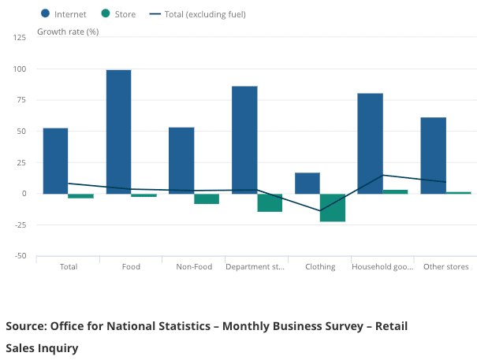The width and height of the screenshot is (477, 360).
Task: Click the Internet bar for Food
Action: (x=118, y=132)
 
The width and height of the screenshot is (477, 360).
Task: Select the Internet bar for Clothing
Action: (x=307, y=183)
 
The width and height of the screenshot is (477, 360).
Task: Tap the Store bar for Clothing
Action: (x=333, y=207)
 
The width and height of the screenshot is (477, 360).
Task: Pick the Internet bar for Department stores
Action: (x=244, y=139)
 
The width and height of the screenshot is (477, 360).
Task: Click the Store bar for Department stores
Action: (x=270, y=202)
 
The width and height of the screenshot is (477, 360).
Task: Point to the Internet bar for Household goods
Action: (x=370, y=143)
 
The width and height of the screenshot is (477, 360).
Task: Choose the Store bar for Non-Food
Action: (x=207, y=199)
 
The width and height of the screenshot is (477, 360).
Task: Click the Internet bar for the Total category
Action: (x=55, y=161)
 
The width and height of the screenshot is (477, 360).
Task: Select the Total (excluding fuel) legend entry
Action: (x=199, y=13)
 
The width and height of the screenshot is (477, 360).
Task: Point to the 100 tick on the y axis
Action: (x=20, y=69)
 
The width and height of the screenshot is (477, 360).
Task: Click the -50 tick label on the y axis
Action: (x=20, y=256)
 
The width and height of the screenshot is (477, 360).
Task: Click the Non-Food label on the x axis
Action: (x=194, y=267)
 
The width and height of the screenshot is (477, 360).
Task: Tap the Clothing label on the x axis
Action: (x=320, y=267)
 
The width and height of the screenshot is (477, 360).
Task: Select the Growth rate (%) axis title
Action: (x=68, y=32)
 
